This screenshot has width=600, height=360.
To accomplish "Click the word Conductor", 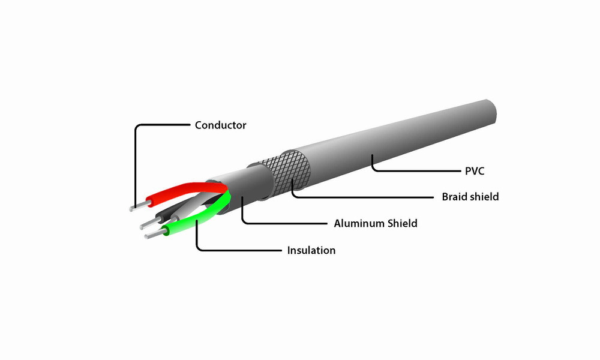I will tap(220, 125).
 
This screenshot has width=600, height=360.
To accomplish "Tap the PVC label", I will tap(474, 171).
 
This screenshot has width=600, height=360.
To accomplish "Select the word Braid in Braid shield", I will tap(455, 197).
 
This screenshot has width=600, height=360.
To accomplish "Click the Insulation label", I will tap(311, 250).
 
